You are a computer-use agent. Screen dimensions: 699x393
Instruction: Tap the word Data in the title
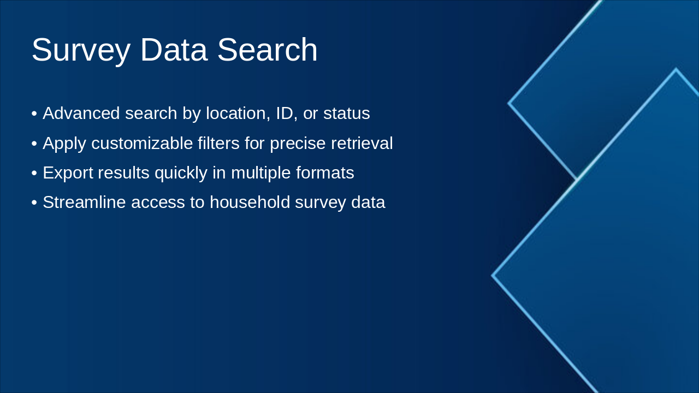tap(174, 50)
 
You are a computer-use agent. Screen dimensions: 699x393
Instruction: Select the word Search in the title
tap(267, 50)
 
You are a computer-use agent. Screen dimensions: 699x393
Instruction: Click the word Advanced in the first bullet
tap(81, 113)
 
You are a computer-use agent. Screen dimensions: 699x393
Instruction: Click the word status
tap(347, 114)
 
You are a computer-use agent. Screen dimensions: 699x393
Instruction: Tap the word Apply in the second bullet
tap(64, 144)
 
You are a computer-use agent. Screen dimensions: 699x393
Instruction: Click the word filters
tap(218, 144)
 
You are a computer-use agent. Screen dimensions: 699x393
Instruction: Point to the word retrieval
tap(362, 144)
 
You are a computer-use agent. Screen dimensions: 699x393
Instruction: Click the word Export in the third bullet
tap(68, 173)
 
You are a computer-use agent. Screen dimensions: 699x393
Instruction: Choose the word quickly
tap(181, 174)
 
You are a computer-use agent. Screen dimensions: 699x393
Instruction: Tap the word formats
tap(325, 173)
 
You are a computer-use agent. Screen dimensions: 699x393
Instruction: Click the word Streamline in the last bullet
tap(84, 203)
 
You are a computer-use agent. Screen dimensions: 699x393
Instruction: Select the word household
tap(250, 203)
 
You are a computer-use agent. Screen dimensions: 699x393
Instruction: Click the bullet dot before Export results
tap(34, 173)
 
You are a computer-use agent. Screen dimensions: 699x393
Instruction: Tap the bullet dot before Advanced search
tap(34, 114)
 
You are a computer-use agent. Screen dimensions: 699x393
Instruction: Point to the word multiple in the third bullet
tap(261, 174)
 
